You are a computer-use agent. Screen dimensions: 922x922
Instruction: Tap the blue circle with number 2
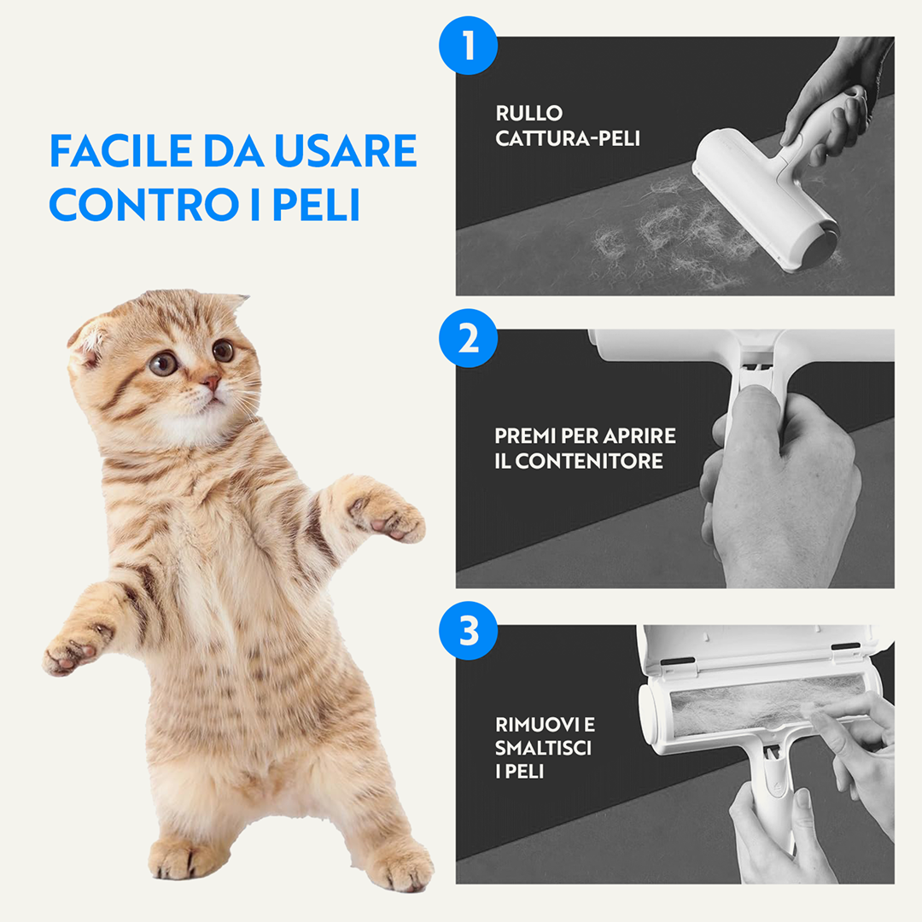point(468,339)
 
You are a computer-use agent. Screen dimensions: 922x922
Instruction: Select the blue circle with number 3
point(468,633)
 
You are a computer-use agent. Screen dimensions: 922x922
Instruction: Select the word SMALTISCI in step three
point(543,748)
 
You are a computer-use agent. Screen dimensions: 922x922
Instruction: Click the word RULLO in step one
point(528,113)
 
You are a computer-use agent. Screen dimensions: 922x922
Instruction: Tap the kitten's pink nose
point(210,381)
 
